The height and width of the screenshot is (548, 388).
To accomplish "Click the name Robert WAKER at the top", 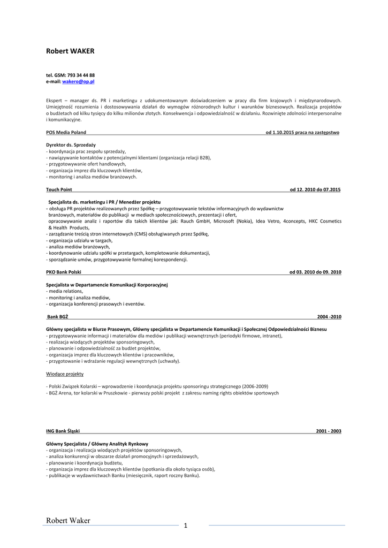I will [x=70, y=51].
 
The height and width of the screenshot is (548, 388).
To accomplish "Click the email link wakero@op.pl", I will [x=78, y=81].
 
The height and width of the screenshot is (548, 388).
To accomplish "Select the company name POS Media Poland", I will [x=66, y=132].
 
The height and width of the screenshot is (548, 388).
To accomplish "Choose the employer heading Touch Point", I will [x=59, y=189].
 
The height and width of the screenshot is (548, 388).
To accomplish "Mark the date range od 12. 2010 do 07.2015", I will [x=315, y=189].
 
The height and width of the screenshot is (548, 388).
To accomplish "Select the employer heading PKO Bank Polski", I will [x=64, y=272].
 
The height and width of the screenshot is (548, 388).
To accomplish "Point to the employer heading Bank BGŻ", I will [x=58, y=316].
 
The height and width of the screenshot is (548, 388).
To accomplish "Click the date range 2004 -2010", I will [x=329, y=316].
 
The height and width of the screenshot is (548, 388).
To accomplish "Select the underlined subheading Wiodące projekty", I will [x=65, y=374].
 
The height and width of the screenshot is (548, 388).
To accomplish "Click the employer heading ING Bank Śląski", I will [x=63, y=431].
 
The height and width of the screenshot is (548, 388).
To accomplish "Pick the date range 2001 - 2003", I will [x=329, y=431].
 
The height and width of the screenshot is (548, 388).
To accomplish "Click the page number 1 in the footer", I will [x=186, y=526].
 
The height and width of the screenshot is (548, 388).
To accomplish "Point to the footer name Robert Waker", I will [x=68, y=521].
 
